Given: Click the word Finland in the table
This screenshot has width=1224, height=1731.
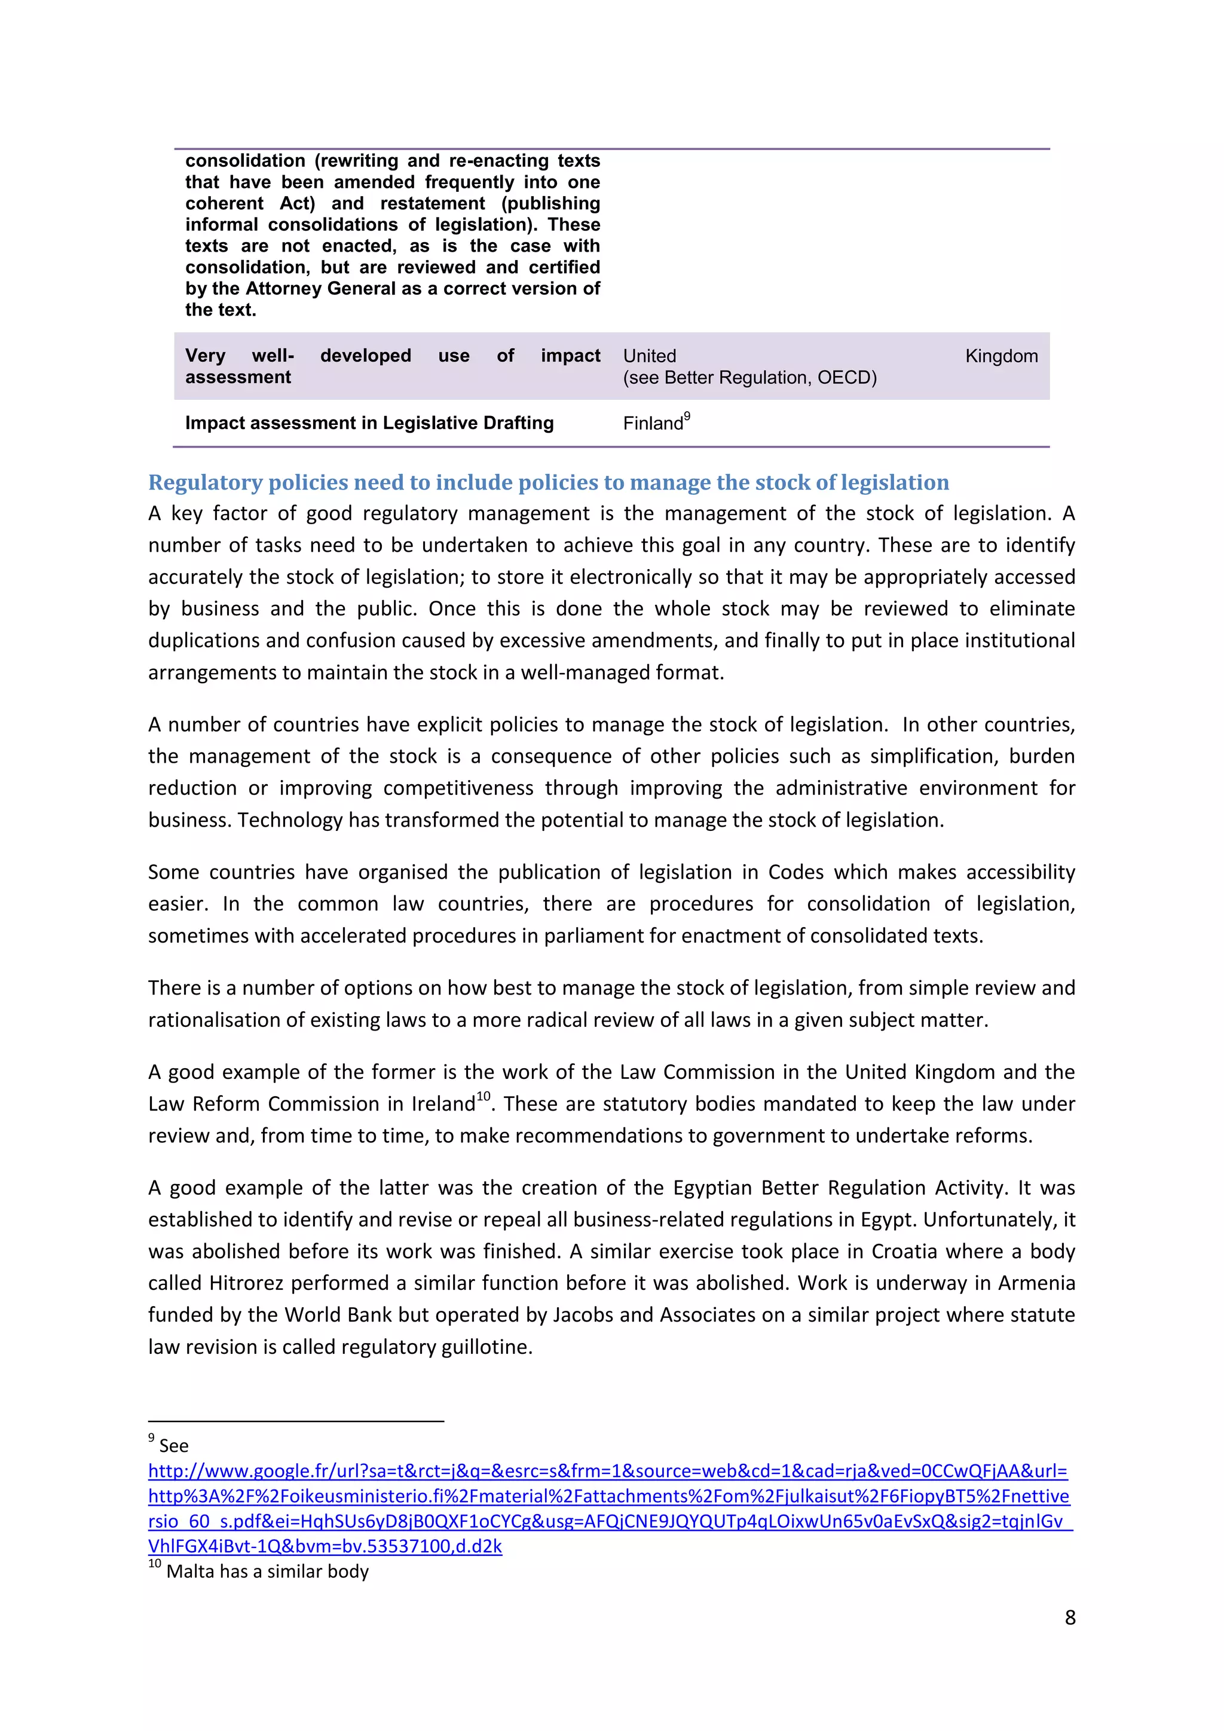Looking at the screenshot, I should click(652, 424).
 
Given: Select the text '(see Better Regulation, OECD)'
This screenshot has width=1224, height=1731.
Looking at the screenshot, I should click(749, 378).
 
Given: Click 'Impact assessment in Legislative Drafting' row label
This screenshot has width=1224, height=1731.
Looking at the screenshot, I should click(369, 423).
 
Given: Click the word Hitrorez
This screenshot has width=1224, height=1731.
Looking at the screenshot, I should click(246, 1283).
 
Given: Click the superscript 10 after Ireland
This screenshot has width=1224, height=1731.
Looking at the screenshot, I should click(483, 1096).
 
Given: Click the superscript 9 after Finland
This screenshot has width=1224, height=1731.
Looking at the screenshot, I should click(687, 416).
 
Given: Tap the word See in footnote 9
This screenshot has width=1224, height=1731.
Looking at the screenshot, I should click(173, 1446).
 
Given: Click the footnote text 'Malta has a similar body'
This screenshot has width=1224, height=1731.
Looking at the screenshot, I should click(268, 1571).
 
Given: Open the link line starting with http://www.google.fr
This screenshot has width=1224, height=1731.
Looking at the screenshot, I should click(607, 1471).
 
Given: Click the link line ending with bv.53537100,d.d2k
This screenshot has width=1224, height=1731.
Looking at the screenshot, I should click(325, 1546).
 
